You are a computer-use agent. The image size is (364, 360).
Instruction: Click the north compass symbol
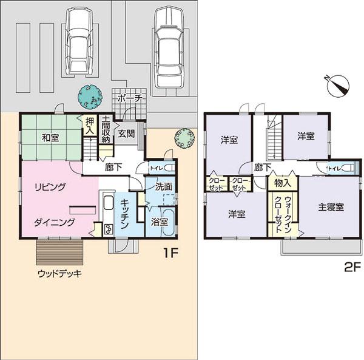(x=339, y=85)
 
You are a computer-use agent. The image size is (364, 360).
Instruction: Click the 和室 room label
(x=50, y=138)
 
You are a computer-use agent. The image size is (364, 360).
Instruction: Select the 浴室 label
(x=160, y=222)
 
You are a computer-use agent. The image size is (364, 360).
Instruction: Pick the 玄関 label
(x=126, y=134)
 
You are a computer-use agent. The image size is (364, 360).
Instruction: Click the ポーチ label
(x=130, y=98)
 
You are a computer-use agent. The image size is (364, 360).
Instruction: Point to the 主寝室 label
(x=331, y=206)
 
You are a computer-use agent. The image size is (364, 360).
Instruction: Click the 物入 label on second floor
(x=282, y=182)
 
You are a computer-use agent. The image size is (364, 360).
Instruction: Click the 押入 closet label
(x=89, y=126)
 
